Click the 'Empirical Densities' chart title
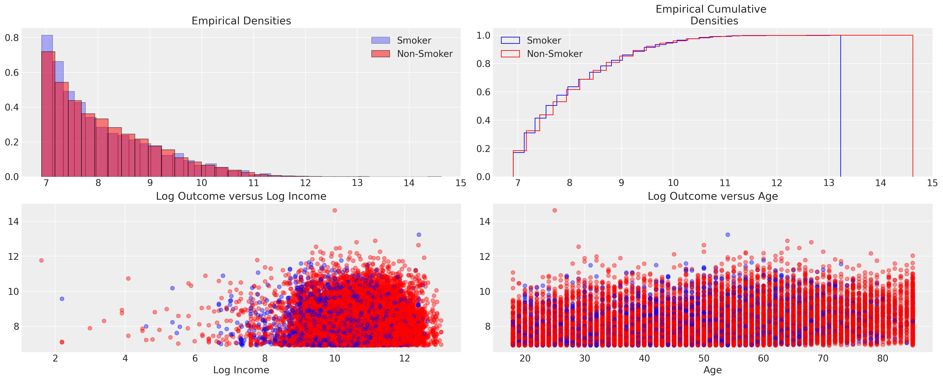241,21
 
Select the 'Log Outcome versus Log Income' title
241,196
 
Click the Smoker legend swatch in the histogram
380,41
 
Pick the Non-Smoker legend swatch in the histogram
380,54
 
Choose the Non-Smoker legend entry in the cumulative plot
554,54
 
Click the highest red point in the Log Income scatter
334,210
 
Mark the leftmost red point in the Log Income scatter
41,260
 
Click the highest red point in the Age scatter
555,210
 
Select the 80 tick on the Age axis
883,358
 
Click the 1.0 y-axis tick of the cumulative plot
483,36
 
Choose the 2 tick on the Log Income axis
55,358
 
